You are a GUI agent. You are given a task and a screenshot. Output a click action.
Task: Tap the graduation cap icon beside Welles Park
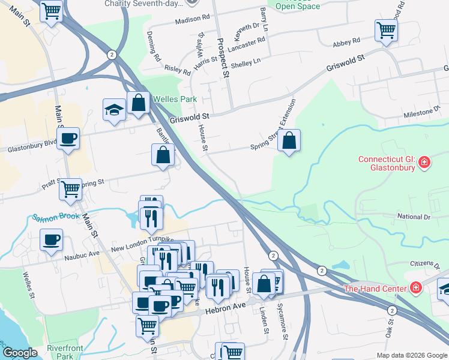113,110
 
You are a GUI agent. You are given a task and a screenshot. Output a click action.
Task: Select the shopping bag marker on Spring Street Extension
289,142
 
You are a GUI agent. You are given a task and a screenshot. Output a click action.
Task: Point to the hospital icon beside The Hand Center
414,289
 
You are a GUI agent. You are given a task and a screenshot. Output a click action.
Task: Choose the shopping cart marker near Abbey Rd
387,30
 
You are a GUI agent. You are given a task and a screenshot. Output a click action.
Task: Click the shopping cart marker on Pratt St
71,190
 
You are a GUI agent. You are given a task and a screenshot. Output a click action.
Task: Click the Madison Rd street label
192,20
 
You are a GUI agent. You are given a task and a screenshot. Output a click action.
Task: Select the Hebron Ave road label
223,305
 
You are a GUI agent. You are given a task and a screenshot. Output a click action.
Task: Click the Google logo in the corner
22,352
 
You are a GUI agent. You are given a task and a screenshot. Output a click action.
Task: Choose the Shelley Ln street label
246,61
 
